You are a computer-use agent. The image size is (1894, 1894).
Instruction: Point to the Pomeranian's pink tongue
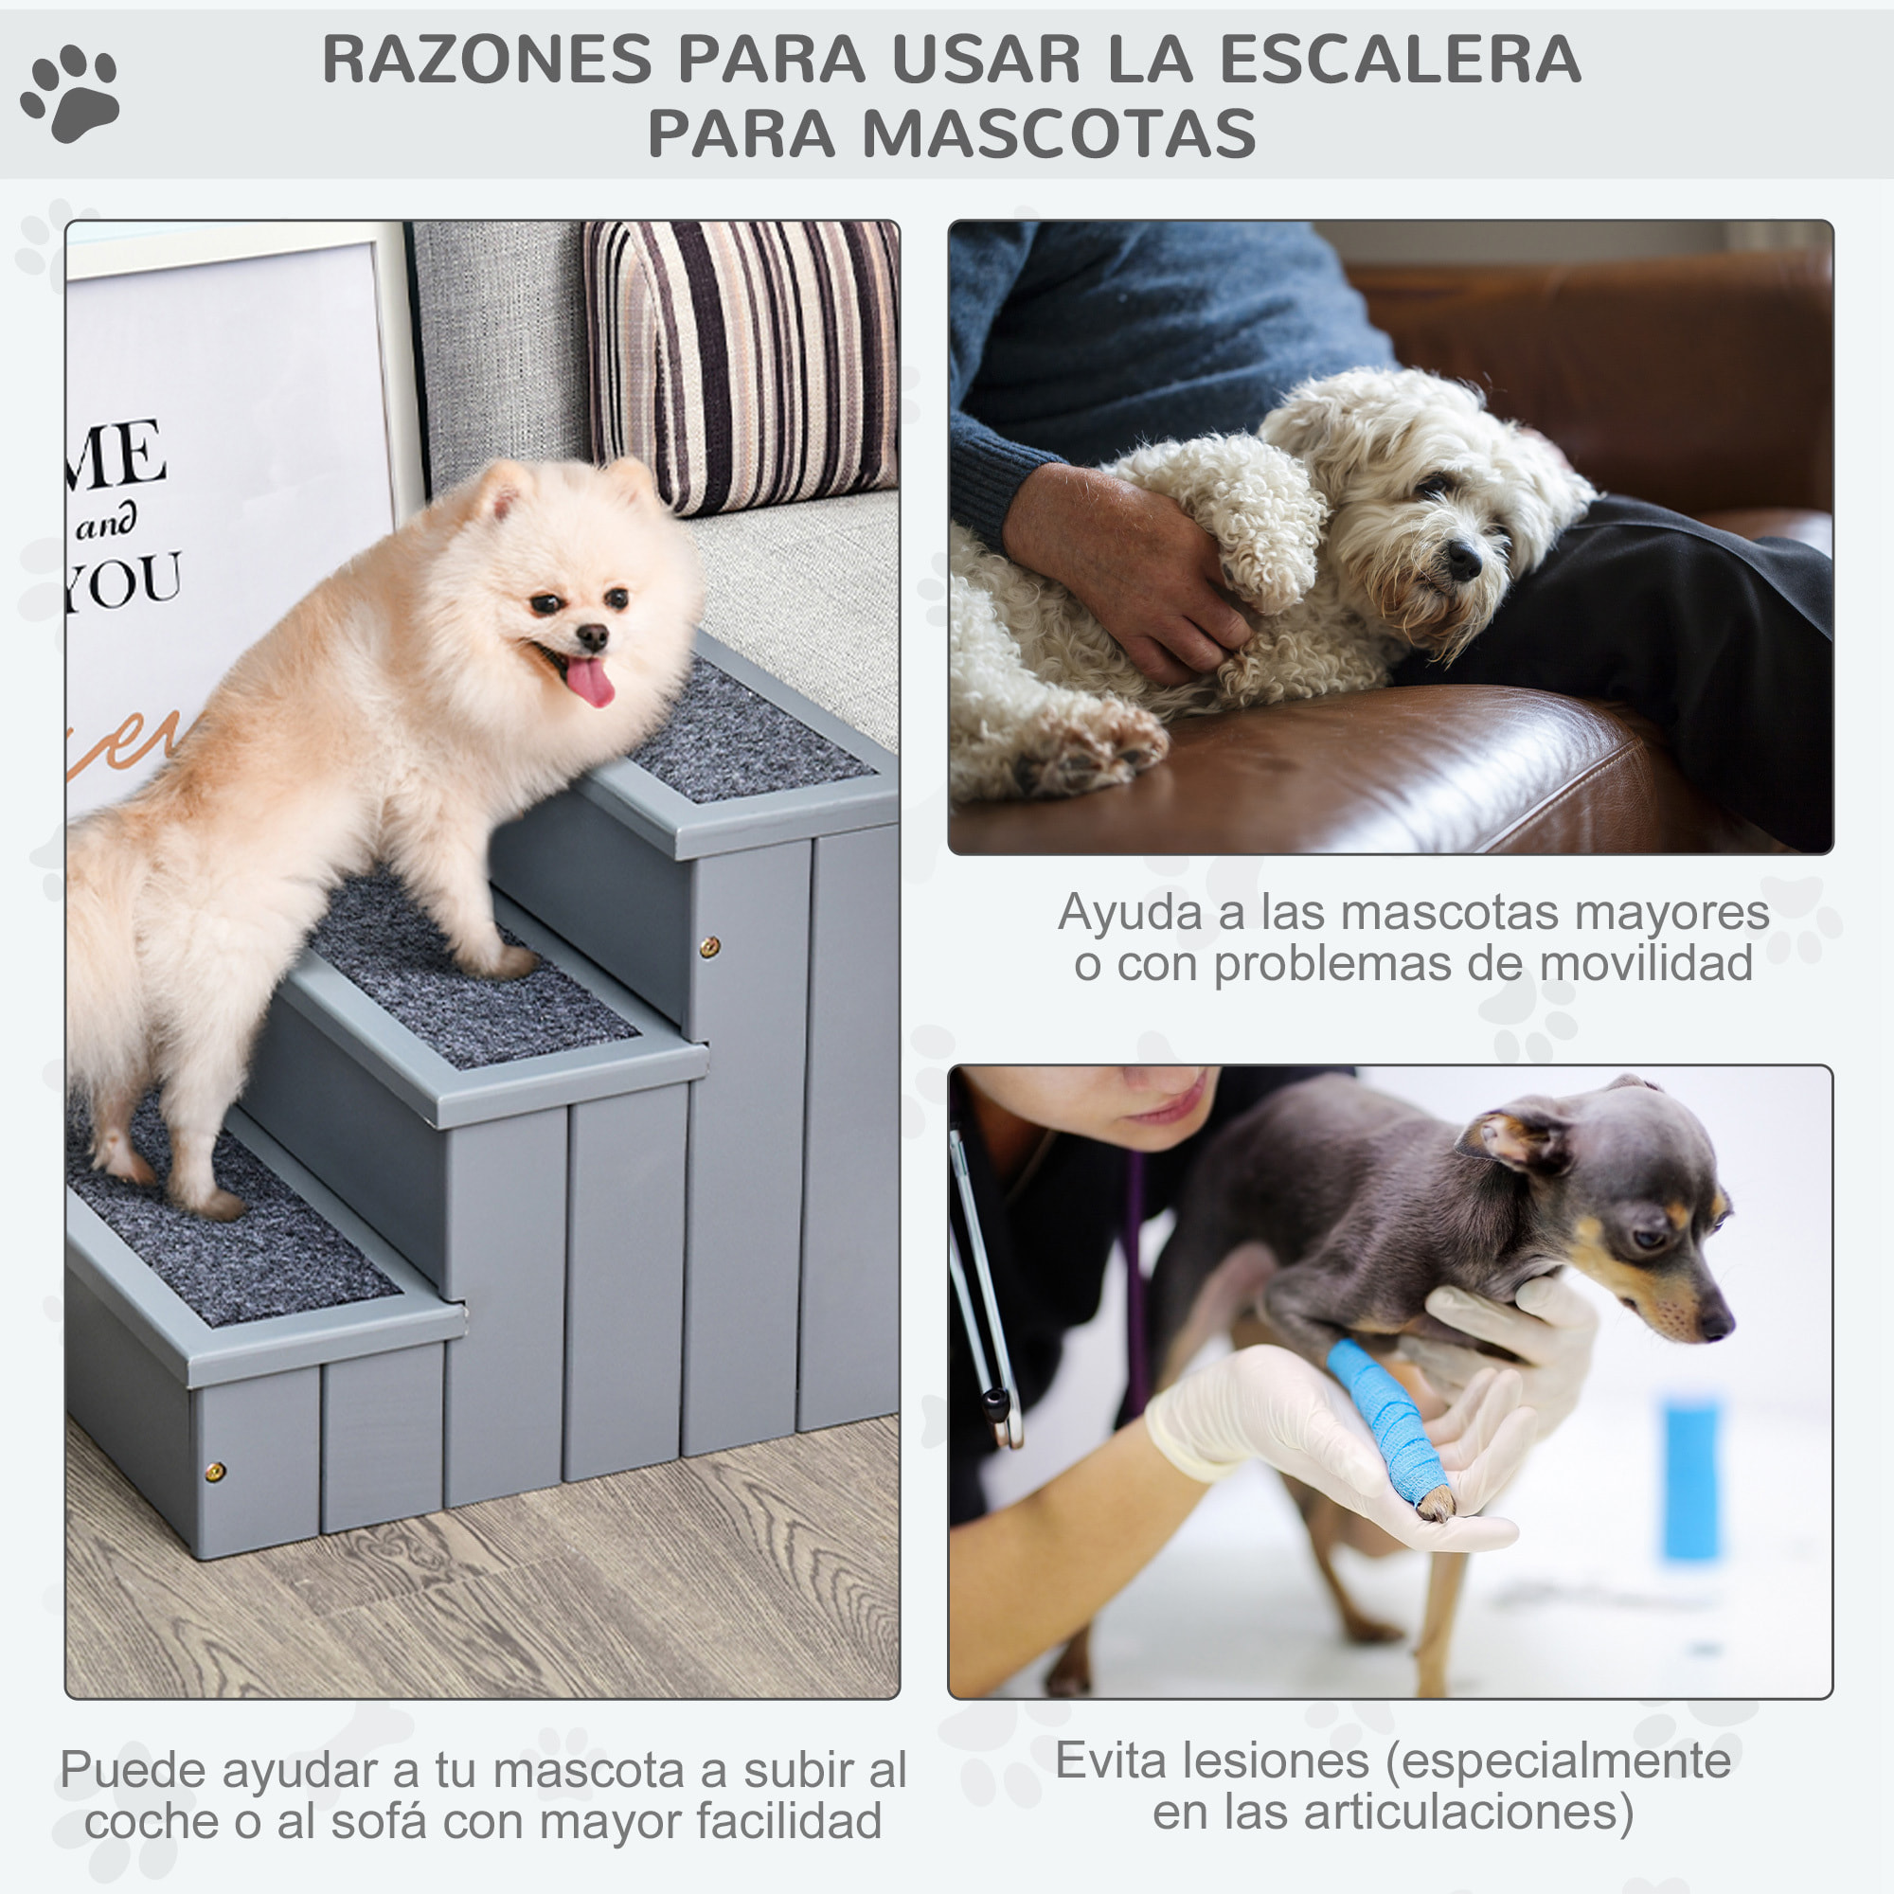tap(590, 681)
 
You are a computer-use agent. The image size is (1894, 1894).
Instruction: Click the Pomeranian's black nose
tap(592, 638)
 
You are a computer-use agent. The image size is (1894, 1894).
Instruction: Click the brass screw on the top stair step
tap(708, 947)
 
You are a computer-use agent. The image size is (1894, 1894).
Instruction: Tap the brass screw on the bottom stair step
tap(215, 1472)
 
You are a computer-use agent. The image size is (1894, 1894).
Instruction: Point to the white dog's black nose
tap(1464, 559)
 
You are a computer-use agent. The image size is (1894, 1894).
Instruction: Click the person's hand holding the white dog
tap(1127, 568)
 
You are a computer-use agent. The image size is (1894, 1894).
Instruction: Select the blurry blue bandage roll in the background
tap(1691, 1480)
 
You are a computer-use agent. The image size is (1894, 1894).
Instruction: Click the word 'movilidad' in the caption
tap(1646, 965)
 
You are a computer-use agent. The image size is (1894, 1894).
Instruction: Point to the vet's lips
tap(1167, 1109)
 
